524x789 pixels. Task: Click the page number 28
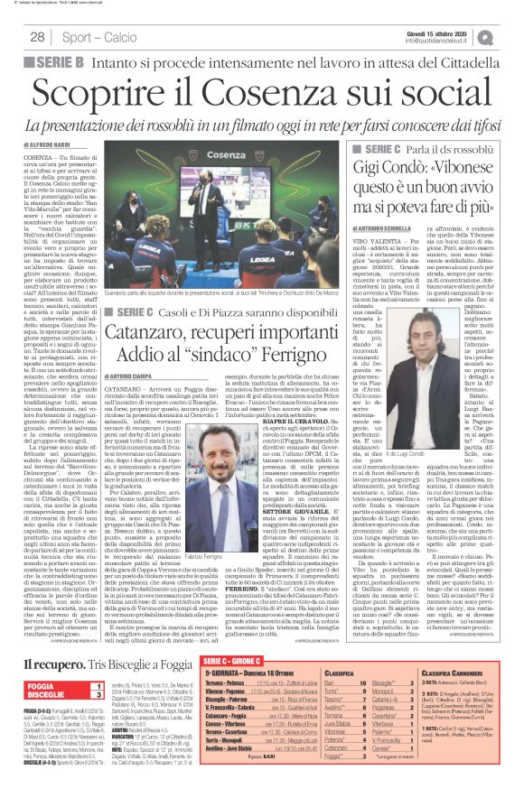click(x=37, y=37)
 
